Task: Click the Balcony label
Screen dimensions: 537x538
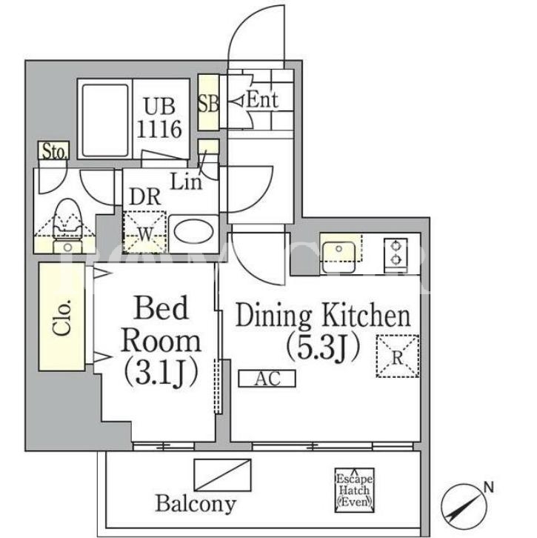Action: click(x=196, y=504)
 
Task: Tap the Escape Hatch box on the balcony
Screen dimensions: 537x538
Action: click(x=354, y=490)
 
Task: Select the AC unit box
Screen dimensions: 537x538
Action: click(x=267, y=379)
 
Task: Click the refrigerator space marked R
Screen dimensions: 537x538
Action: click(x=398, y=356)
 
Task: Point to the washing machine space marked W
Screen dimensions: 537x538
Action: click(x=144, y=232)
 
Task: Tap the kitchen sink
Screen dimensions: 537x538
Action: click(x=338, y=256)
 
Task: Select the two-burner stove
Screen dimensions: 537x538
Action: click(x=396, y=253)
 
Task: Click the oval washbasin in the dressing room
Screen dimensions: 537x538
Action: click(x=193, y=232)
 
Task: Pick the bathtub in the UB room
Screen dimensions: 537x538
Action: click(x=105, y=120)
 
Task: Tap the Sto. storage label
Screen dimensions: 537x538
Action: click(x=54, y=151)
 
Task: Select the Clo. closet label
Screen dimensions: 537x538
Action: click(x=62, y=317)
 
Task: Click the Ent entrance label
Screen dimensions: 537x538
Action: click(x=262, y=100)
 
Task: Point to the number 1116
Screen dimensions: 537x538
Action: click(x=159, y=129)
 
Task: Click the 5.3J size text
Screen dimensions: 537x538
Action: click(x=323, y=348)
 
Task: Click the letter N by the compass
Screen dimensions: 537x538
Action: click(x=488, y=487)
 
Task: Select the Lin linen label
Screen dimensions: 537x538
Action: click(x=186, y=182)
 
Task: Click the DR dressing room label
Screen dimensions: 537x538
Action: click(x=145, y=197)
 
